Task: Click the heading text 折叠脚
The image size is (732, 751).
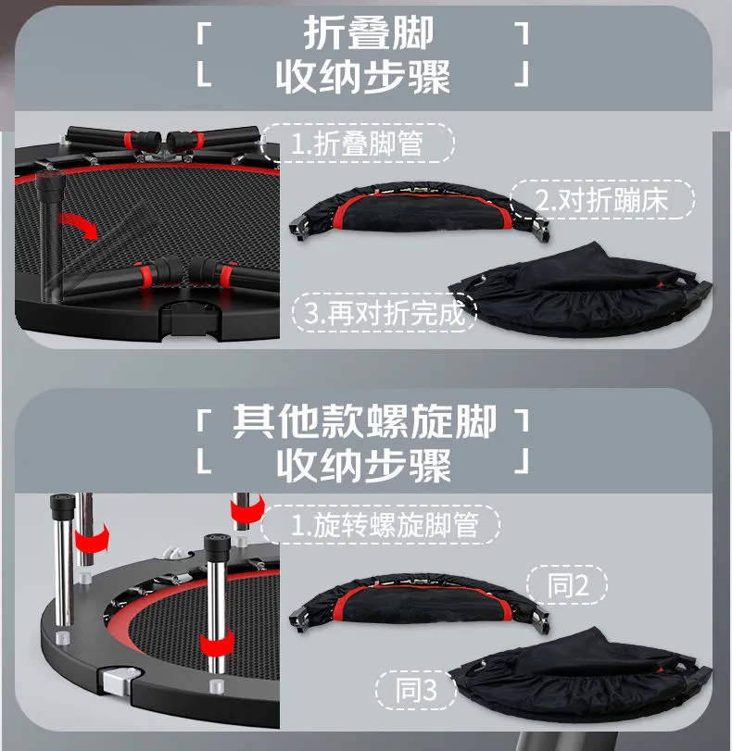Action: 368,32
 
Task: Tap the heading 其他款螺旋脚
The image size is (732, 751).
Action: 364,421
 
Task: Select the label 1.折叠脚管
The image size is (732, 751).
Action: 357,144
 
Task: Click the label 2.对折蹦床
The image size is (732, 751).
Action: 601,200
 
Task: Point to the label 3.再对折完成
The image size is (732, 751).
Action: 385,313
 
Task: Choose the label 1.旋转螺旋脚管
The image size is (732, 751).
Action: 385,525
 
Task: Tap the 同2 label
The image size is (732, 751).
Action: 568,585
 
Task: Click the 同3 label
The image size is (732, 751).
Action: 416,690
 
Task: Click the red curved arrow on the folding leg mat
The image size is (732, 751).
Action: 79,224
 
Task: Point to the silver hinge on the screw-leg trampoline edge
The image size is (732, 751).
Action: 119,680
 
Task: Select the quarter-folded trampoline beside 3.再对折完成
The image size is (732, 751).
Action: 581,290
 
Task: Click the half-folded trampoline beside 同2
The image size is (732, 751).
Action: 420,601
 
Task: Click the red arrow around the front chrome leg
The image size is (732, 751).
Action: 217,643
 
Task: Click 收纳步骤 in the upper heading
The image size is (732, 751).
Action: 363,77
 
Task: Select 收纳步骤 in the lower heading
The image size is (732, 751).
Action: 363,466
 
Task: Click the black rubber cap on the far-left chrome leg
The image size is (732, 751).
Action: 63,507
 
